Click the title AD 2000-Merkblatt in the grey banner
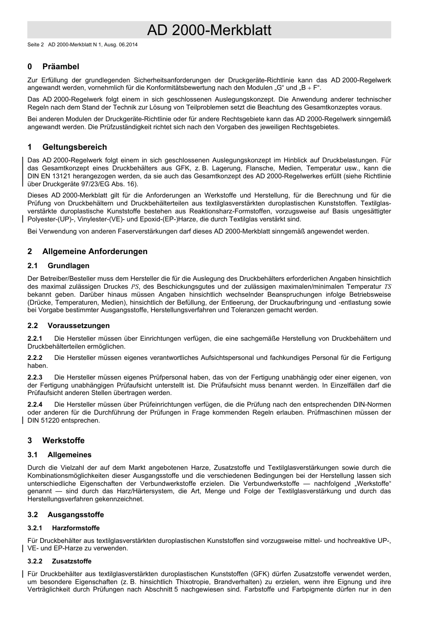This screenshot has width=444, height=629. click(x=209, y=30)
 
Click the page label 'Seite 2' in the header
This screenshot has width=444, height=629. click(x=36, y=45)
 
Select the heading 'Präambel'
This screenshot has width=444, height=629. click(x=61, y=66)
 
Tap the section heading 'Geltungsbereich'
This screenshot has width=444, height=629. click(x=74, y=147)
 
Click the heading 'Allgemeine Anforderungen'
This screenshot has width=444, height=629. click(x=94, y=251)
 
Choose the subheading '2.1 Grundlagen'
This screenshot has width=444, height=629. click(x=58, y=266)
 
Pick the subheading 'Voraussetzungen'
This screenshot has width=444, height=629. click(x=79, y=326)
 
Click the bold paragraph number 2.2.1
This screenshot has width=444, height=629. click(x=35, y=338)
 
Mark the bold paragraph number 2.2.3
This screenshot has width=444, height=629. click(x=35, y=377)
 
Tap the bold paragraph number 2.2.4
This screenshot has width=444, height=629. click(x=35, y=404)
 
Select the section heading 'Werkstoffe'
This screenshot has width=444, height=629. click(x=63, y=440)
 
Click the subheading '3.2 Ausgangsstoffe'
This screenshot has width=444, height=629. click(x=65, y=515)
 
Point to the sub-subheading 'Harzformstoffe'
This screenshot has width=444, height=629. click(x=76, y=528)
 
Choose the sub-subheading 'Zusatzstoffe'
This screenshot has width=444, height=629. click(x=72, y=561)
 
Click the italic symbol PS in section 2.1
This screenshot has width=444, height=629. click(x=135, y=286)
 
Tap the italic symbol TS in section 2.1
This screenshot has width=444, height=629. click(x=387, y=286)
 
